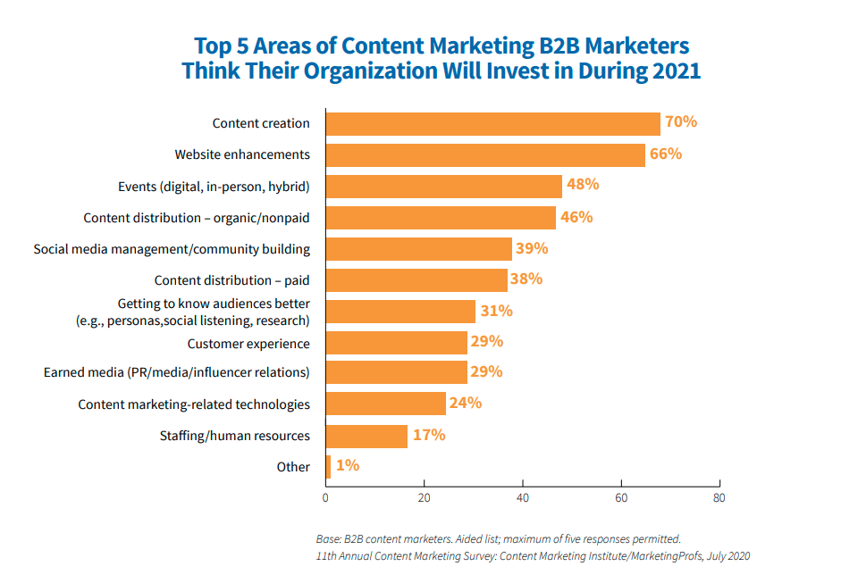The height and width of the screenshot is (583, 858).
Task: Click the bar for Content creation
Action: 492,123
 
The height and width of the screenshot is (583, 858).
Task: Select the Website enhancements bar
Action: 485,154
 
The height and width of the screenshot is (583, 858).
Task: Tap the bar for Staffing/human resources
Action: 366,436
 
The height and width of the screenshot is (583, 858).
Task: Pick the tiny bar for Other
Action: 328,466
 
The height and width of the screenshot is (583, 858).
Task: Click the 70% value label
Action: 680,121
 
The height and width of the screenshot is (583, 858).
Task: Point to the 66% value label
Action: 665,154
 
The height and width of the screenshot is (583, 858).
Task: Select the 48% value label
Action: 582,185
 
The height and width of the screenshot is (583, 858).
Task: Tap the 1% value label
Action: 348,465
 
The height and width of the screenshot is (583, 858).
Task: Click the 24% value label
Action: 465,403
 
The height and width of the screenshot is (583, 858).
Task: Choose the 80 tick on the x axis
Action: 719,497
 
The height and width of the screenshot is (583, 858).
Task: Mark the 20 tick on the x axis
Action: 425,497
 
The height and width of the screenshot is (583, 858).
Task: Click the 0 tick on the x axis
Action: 326,497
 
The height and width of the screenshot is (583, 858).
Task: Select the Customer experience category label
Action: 248,344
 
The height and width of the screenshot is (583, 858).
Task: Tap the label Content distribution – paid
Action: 232,280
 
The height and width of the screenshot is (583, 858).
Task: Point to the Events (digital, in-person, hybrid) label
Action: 214,187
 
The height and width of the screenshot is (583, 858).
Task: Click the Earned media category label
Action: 177,372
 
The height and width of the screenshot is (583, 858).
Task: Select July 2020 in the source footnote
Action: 727,555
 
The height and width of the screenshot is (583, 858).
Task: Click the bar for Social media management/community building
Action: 418,248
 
